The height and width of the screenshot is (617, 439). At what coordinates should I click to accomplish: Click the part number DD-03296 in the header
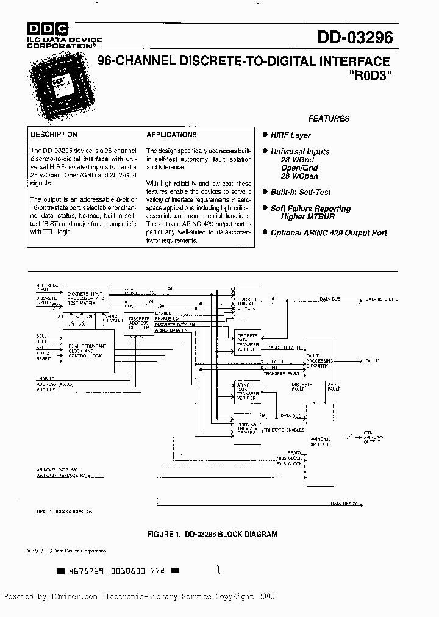[x=355, y=37]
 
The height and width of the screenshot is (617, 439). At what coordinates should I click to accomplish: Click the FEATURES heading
[x=329, y=119]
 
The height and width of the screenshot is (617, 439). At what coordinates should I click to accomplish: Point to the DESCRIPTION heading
[x=54, y=135]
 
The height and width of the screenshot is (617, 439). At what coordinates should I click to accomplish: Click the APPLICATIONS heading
[x=171, y=135]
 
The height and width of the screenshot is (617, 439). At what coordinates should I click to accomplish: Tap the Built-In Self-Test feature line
[x=301, y=192]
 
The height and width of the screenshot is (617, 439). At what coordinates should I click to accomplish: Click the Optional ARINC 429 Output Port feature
[x=329, y=232]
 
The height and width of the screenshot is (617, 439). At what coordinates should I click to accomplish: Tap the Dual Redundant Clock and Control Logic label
[x=88, y=351]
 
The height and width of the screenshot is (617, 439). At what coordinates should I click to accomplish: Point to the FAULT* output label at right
[x=373, y=361]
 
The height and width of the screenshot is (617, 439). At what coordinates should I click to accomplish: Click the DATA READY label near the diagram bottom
[x=344, y=504]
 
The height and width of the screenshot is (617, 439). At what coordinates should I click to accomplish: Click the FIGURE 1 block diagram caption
[x=212, y=534]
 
